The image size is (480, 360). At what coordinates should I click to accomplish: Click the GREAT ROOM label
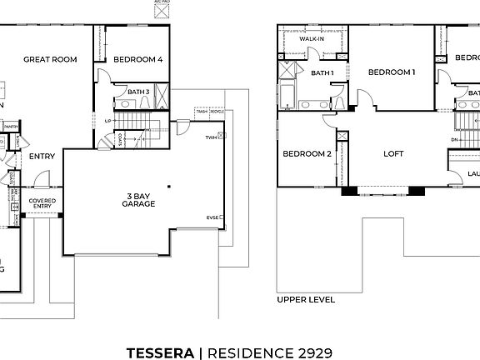pos(50,59)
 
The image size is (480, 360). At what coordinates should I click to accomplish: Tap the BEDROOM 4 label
pos(138,59)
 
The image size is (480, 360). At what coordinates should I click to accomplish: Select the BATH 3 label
pos(138,92)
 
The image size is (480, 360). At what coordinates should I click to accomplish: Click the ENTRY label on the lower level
pos(42,156)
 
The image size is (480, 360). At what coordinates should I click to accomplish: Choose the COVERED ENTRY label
pos(42,204)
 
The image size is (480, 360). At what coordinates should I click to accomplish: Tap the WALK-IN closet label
pos(312,38)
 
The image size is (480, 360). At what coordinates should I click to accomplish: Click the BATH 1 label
pos(322,72)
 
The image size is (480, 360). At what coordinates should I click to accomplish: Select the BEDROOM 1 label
pos(392,72)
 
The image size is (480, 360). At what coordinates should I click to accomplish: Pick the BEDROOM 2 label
pos(307,154)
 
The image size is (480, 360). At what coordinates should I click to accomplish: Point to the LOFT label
pos(392,154)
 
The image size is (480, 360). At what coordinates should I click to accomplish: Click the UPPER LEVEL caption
pos(306,299)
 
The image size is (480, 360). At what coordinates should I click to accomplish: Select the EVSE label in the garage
pos(213,218)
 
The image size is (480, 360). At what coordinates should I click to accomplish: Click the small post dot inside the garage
pos(168,187)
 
